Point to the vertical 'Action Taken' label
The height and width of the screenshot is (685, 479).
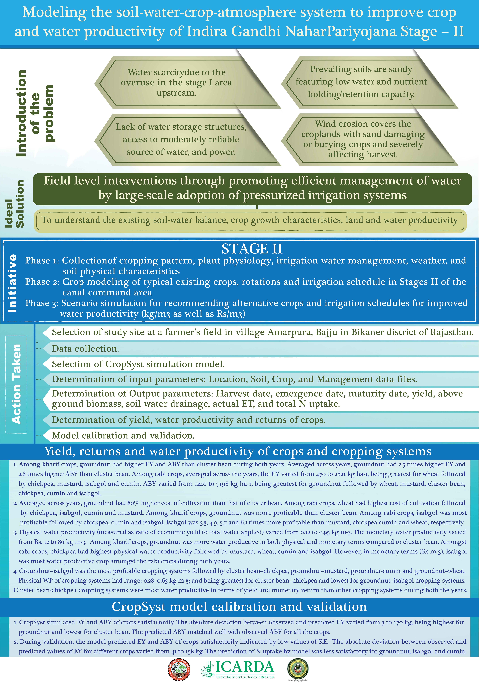pos(16,384)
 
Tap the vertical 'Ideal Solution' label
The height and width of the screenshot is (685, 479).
pos(14,204)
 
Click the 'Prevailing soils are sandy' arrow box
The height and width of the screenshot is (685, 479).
pos(370,82)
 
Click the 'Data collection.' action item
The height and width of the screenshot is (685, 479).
pos(86,349)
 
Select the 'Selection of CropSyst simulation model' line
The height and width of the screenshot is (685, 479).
pos(138,364)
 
